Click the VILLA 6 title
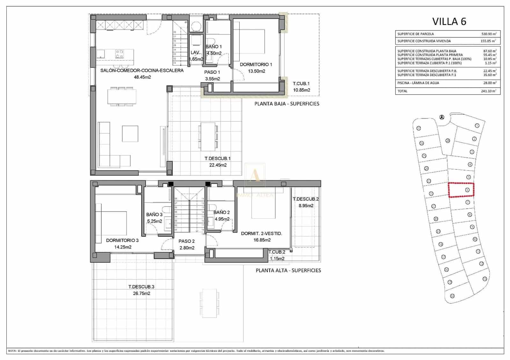pyautogui.click(x=449, y=21)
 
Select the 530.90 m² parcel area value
pyautogui.click(x=489, y=34)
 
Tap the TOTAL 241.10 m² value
pyautogui.click(x=489, y=91)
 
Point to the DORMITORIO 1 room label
pyautogui.click(x=256, y=65)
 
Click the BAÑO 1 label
pyautogui.click(x=214, y=47)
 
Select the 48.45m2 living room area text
pyautogui.click(x=142, y=77)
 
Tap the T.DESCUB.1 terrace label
pyautogui.click(x=218, y=158)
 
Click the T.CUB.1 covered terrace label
pyautogui.click(x=301, y=84)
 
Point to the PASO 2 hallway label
pyautogui.click(x=186, y=241)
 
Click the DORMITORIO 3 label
pyautogui.click(x=122, y=241)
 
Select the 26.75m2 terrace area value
pyautogui.click(x=141, y=293)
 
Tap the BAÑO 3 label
pyautogui.click(x=154, y=215)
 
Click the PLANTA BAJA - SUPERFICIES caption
pyautogui.click(x=287, y=104)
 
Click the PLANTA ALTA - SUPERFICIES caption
pyautogui.click(x=288, y=270)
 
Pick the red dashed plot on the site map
pyautogui.click(x=461, y=190)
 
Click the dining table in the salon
pyautogui.click(x=121, y=96)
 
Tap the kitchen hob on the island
pyautogui.click(x=120, y=54)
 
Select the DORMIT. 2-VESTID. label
pyautogui.click(x=261, y=234)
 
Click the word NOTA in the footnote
pyautogui.click(x=12, y=351)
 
